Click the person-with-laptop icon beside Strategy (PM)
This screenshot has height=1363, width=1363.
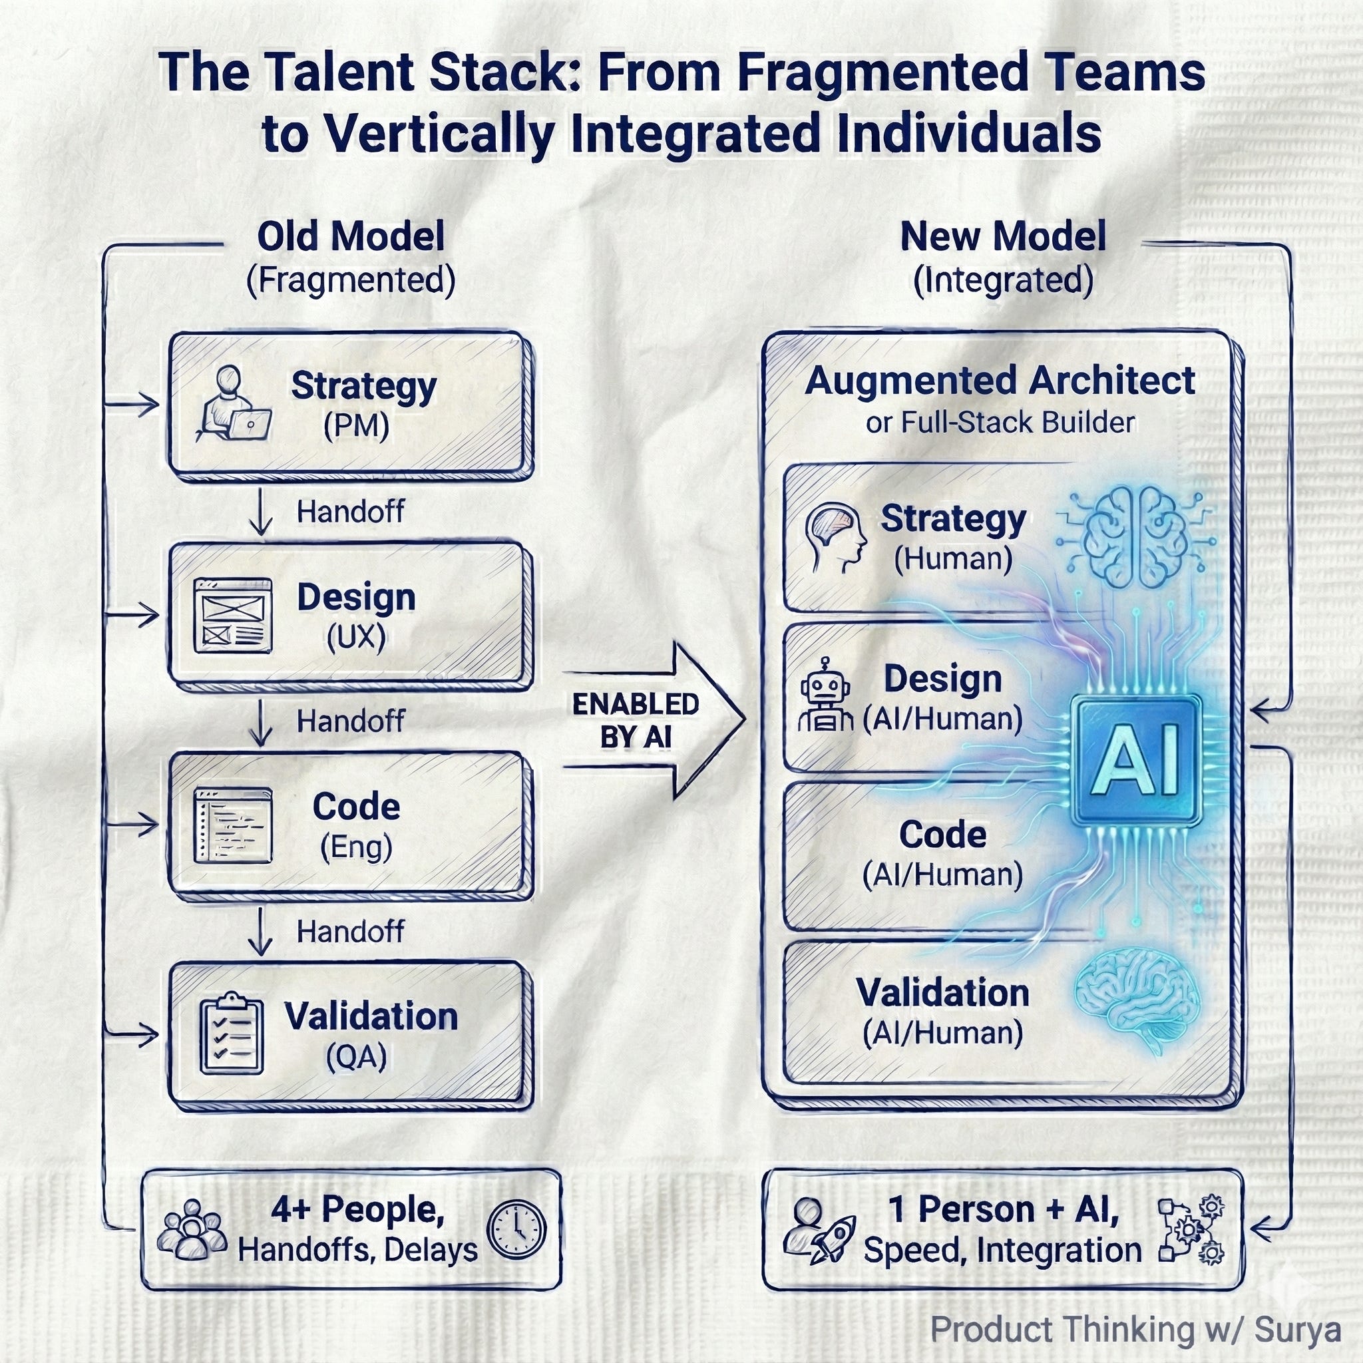[234, 403]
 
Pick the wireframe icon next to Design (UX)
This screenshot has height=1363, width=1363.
[233, 615]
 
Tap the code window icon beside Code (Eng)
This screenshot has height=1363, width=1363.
[233, 825]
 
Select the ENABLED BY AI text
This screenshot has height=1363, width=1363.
[635, 720]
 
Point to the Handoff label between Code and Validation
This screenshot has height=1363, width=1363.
[350, 932]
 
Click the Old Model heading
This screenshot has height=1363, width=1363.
[351, 236]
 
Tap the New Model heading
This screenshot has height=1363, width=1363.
[1002, 236]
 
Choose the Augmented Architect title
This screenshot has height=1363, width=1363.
[1000, 381]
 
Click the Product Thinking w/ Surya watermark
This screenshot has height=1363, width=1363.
[1135, 1329]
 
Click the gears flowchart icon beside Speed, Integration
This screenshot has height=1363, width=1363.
[1191, 1229]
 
